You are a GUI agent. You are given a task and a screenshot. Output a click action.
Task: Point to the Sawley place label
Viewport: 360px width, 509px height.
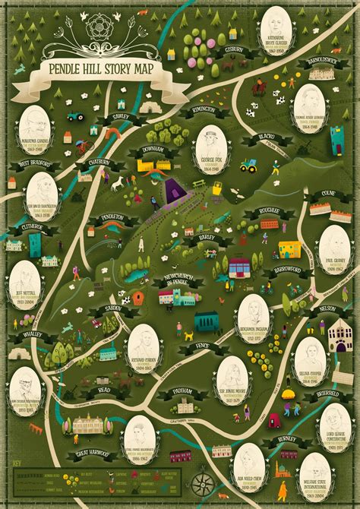pos(119,119)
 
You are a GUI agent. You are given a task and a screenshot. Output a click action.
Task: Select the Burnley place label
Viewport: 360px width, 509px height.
pos(286,439)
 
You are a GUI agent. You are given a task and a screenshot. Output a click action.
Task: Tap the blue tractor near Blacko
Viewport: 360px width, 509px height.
pos(249,163)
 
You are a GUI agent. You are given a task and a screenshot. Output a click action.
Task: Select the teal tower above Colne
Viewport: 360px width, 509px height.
pos(336,141)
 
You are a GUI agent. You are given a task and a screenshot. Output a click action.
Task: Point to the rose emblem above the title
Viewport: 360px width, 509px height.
pos(96,27)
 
